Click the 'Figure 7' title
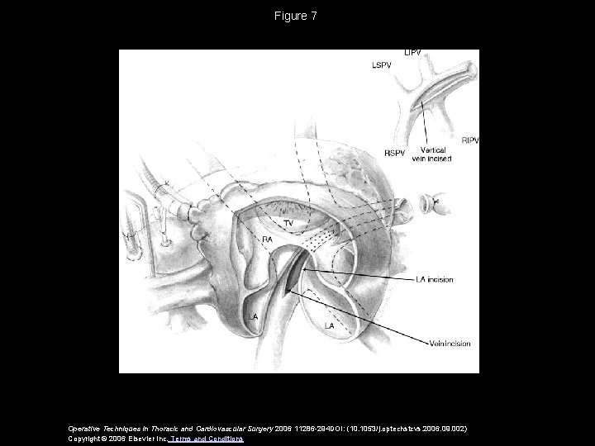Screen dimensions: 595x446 (x=297, y=16)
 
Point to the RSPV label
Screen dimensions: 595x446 (x=395, y=153)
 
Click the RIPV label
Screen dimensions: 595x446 (x=470, y=140)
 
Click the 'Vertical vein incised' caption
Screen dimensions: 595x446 (x=435, y=154)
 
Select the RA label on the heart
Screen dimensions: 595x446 (x=268, y=240)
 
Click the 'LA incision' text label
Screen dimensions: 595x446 (x=434, y=280)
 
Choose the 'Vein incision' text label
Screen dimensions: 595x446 (x=451, y=344)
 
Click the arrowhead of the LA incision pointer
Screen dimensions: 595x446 (x=305, y=268)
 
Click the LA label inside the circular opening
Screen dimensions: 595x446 (x=330, y=325)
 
